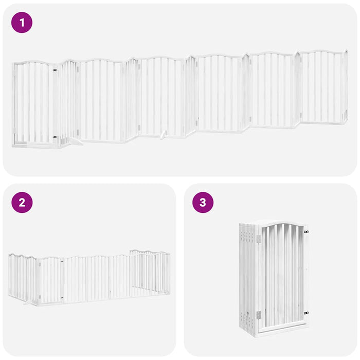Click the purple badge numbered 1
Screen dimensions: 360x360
pos(22,23)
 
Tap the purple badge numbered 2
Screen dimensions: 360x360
pos(22,202)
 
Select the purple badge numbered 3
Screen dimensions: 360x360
pos(203,202)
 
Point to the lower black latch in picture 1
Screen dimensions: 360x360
pos(55,137)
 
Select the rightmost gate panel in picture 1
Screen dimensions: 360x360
pos(323,87)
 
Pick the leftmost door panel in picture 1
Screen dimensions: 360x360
pos(34,103)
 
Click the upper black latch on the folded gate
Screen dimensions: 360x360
pos(306,232)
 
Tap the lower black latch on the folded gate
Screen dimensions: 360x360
pos(306,312)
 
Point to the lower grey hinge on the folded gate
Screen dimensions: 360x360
pos(258,314)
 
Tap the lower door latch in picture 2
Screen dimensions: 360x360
pos(62,297)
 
